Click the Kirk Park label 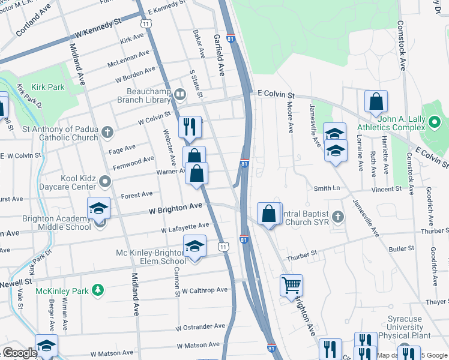tap(49, 88)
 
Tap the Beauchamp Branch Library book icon tap(180, 94)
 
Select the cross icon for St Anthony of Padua tap(107, 131)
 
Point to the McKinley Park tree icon tap(97, 291)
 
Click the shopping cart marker tap(291, 286)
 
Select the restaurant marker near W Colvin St tap(189, 127)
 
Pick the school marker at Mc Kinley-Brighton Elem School tap(194, 247)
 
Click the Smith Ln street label tap(327, 188)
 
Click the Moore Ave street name tap(289, 117)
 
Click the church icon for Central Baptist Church tap(337, 216)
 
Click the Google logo tap(20, 353)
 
